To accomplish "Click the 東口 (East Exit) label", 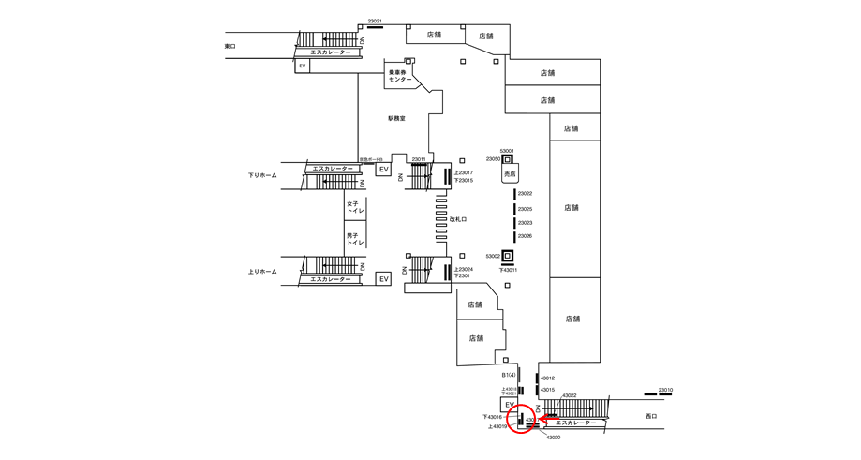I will tap(230, 46).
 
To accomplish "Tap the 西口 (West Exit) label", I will tap(652, 416).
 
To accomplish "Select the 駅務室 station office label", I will tap(397, 118).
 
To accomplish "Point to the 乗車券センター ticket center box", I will tap(401, 76).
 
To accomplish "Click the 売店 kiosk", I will tap(511, 174).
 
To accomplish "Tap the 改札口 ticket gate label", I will tap(458, 219).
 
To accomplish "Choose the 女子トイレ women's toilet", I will tap(355, 207).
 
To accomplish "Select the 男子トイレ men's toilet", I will tap(355, 238).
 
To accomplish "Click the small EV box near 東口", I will tap(303, 67).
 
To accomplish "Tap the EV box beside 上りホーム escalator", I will tap(383, 279).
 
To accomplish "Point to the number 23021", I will tap(375, 21).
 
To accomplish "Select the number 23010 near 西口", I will tap(665, 390).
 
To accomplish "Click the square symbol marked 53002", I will tap(507, 256).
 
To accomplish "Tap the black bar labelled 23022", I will tap(514, 194).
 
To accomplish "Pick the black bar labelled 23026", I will tap(514, 236).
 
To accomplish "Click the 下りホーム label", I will tap(262, 175).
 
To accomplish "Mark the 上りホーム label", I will tap(262, 272).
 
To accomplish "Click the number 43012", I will tap(547, 378).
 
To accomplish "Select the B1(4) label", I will tap(509, 375).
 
